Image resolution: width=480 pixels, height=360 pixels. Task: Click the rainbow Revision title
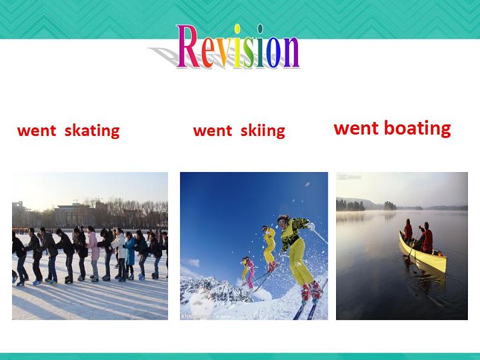238,46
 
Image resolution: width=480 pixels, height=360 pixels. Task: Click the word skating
92,131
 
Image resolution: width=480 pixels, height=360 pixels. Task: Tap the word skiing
262,131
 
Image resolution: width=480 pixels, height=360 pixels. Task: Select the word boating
417,128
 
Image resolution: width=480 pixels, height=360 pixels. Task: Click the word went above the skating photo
37,131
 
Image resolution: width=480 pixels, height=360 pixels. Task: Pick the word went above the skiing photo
213,131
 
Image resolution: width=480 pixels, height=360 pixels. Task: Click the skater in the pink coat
93,253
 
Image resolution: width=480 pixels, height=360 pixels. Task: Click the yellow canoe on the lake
423,253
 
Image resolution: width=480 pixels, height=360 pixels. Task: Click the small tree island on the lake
390,205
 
